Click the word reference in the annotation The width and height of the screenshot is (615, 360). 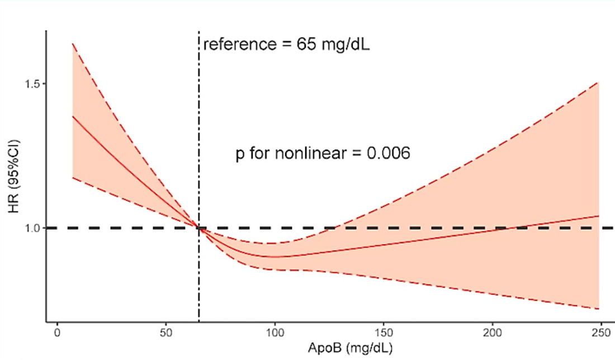237,44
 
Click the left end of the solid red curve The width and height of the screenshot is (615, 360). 73,116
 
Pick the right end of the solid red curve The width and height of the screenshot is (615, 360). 599,216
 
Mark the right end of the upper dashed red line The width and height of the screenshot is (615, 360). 599,82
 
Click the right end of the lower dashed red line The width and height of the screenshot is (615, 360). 599,309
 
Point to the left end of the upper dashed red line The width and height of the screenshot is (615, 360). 73,43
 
